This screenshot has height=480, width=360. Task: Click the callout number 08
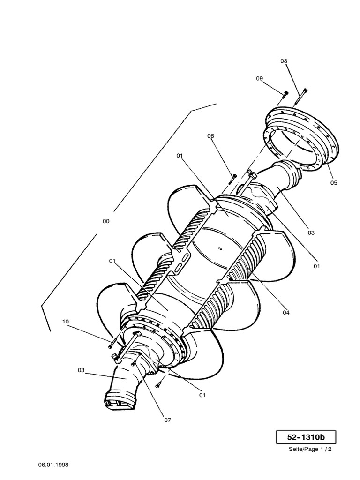tap(284, 61)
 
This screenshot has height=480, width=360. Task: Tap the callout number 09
tap(259, 79)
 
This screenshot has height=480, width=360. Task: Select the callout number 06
tap(211, 136)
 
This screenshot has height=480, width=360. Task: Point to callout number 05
tap(333, 183)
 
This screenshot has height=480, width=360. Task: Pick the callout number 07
tap(167, 420)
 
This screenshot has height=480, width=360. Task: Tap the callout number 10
tap(66, 322)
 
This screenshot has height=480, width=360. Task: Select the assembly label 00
tap(106, 221)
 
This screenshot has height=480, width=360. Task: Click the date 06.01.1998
tap(53, 465)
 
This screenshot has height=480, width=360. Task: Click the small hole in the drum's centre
tap(219, 247)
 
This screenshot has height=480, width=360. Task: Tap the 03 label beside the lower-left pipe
tap(82, 370)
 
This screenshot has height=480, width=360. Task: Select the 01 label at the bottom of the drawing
tap(202, 395)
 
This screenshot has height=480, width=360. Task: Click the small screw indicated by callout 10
tap(111, 345)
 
